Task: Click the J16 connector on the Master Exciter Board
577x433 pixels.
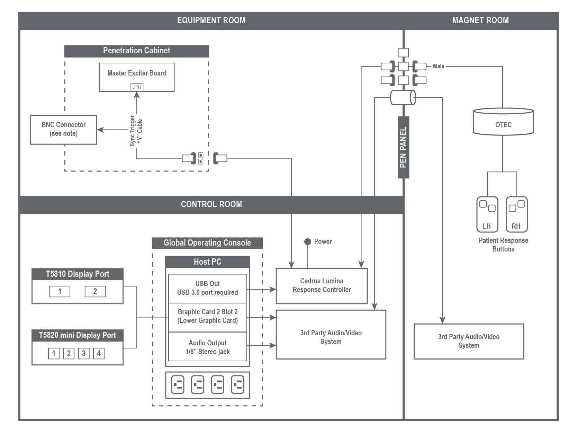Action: (x=137, y=87)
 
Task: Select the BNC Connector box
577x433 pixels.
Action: (x=63, y=130)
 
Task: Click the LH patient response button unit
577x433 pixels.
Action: (x=487, y=214)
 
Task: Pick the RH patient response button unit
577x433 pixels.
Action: (x=516, y=214)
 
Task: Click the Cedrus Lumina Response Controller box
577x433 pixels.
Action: (x=321, y=286)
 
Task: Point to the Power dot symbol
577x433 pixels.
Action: (x=307, y=242)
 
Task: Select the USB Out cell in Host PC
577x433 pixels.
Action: (x=207, y=288)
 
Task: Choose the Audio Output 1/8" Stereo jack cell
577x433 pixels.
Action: (x=207, y=347)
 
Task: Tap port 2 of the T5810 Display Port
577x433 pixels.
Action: (x=95, y=292)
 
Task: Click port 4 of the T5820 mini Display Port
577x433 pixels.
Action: (x=99, y=353)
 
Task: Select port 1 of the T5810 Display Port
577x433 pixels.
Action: (x=60, y=292)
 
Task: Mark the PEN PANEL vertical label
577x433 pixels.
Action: (x=403, y=147)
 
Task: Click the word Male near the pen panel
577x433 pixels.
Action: (x=439, y=66)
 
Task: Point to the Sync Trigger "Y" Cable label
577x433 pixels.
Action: (x=136, y=131)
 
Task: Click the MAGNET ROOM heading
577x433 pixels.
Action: (x=480, y=20)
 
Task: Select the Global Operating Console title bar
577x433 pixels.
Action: (x=207, y=243)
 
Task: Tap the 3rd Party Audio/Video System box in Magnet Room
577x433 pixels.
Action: (x=469, y=341)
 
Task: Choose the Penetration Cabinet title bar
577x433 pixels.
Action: (x=137, y=51)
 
